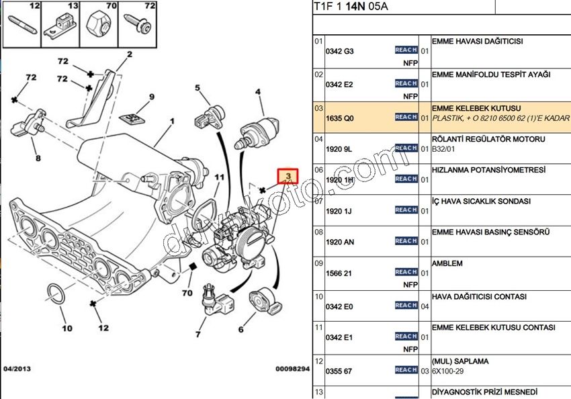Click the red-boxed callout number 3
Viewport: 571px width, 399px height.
pos(288,177)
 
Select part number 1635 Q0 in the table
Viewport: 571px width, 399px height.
pos(339,117)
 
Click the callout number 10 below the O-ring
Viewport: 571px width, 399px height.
pos(67,328)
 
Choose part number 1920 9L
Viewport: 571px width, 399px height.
pos(339,148)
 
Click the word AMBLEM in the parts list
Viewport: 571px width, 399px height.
pos(447,264)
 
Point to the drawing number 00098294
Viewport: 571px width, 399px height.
pos(292,369)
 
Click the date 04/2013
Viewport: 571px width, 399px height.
pos(17,369)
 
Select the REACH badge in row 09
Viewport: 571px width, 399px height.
pos(406,272)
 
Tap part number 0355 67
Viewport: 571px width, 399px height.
pos(339,370)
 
